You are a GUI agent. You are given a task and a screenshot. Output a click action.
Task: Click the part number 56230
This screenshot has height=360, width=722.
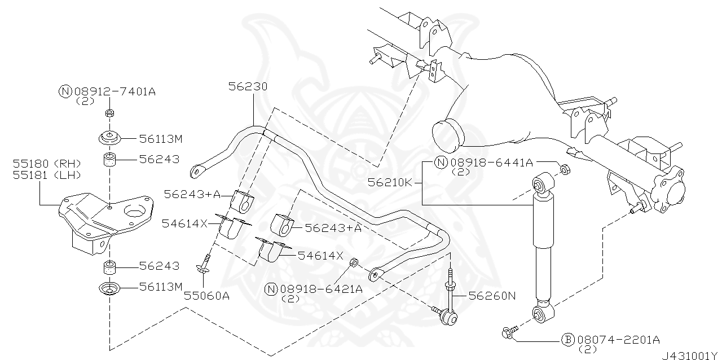point(248,86)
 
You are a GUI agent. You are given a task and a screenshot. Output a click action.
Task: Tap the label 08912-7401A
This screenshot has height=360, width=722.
point(115,92)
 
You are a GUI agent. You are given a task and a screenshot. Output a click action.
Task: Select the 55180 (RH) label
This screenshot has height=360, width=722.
point(47,164)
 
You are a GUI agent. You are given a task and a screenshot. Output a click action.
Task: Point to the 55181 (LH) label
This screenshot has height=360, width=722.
point(47,175)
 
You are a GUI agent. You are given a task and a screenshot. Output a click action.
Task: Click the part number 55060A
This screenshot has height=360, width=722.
point(206,296)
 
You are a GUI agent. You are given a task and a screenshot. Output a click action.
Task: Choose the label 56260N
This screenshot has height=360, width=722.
point(492,296)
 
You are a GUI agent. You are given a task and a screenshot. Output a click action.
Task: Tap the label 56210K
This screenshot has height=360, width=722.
point(390,183)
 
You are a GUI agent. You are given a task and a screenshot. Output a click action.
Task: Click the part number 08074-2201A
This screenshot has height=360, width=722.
point(619,340)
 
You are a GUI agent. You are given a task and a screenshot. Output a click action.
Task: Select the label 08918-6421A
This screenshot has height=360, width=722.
point(322,289)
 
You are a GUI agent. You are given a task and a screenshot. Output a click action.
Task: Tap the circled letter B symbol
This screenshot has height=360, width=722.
point(568,340)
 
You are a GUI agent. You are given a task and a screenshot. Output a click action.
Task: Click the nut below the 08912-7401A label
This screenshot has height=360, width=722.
point(109,113)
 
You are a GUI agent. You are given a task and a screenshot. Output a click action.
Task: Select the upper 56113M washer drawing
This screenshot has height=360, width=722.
point(109,138)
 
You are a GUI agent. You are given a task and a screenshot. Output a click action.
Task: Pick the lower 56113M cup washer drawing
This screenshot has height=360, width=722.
point(109,288)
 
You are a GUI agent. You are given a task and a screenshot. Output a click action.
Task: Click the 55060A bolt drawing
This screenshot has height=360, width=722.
point(204,265)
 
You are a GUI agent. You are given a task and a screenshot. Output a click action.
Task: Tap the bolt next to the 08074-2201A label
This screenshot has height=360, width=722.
point(509,332)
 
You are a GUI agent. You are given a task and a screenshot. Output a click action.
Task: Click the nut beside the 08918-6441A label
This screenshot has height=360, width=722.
point(565,169)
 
